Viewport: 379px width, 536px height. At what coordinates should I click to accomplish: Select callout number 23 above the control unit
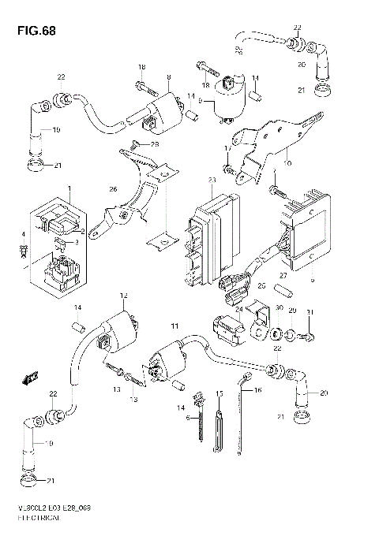point(212,181)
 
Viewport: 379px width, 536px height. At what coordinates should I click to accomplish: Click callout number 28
point(156,144)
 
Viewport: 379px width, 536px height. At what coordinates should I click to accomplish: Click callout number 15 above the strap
point(220,392)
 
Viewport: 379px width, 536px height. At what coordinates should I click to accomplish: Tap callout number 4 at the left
point(24,235)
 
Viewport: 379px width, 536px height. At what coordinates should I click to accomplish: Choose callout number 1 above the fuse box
point(69,189)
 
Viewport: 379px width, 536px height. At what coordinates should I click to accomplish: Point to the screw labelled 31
point(310,337)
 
